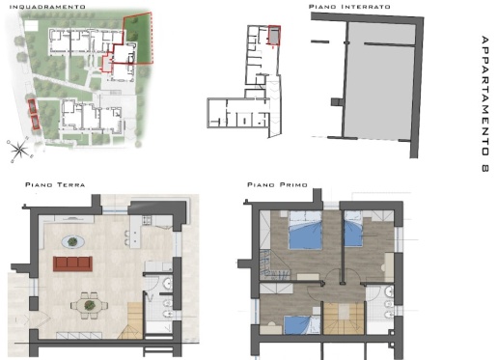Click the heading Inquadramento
click(x=47, y=7)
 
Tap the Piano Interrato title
click(x=349, y=7)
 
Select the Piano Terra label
click(x=55, y=184)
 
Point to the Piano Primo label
click(x=277, y=184)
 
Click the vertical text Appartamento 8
click(x=485, y=103)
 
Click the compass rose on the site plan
click(x=19, y=149)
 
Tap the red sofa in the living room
click(x=72, y=263)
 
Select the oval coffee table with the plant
click(x=73, y=241)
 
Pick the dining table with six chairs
click(x=89, y=305)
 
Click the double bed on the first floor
click(x=305, y=230)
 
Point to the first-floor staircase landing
click(x=344, y=312)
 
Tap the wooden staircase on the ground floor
click(x=130, y=320)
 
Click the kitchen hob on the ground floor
click(x=147, y=220)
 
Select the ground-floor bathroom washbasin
click(x=168, y=284)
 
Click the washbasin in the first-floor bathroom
click(x=389, y=291)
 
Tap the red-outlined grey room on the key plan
click(x=274, y=35)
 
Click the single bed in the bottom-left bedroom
click(x=297, y=324)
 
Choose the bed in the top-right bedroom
click(x=353, y=229)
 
